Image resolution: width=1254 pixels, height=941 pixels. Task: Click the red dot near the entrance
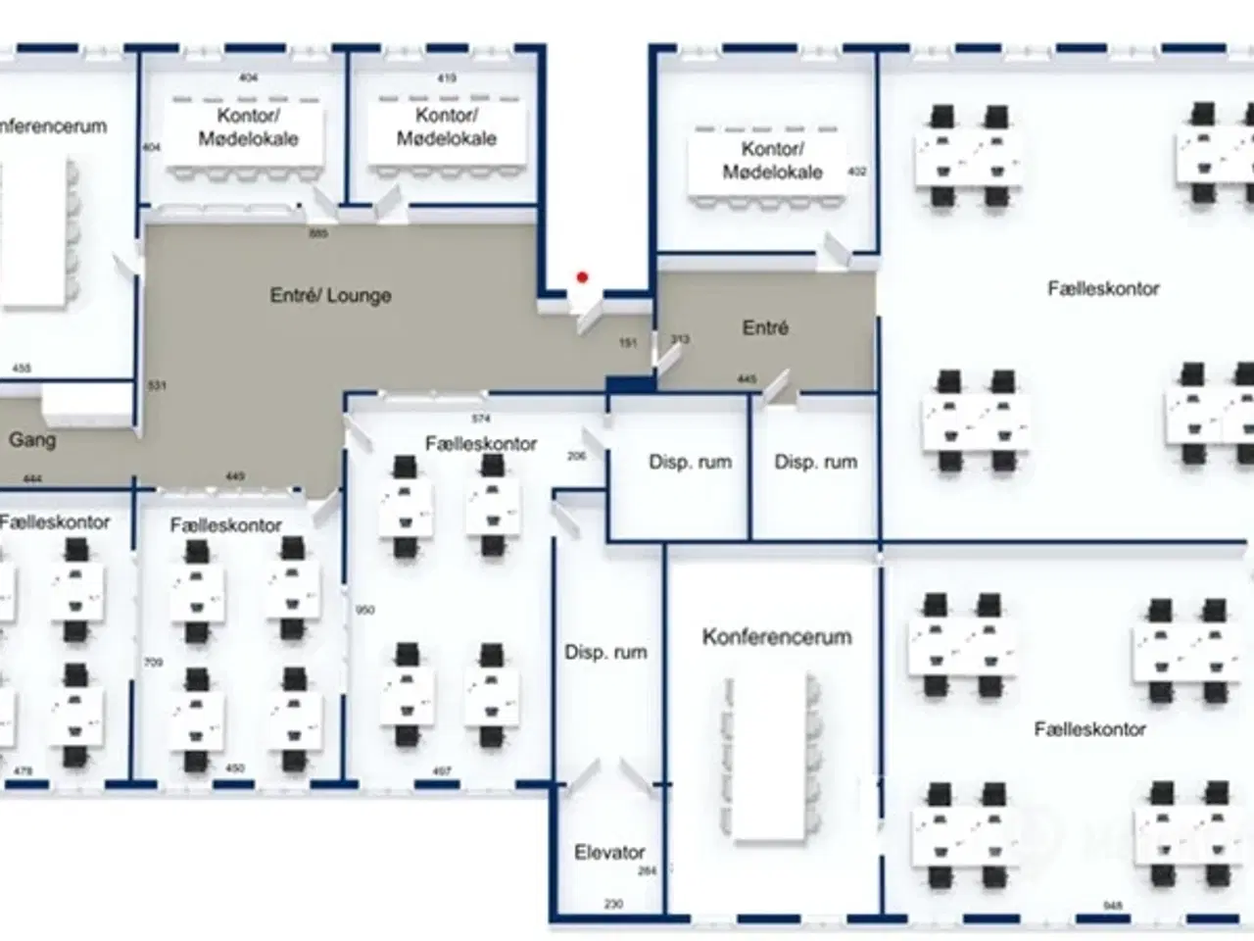click(x=582, y=277)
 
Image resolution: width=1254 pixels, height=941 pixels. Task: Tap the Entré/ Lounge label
click(x=330, y=295)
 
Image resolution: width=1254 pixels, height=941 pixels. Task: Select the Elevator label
click(x=609, y=853)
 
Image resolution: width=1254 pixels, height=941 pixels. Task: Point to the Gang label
click(x=32, y=440)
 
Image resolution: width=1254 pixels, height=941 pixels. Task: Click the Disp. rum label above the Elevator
click(x=605, y=652)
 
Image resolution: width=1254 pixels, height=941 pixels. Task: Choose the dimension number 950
click(x=365, y=610)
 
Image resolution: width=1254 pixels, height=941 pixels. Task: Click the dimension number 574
click(x=480, y=419)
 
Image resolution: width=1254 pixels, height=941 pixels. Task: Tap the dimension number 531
click(x=157, y=385)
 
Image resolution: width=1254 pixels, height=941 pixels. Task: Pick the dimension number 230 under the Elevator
click(x=613, y=904)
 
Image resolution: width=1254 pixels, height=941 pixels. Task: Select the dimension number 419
click(x=447, y=78)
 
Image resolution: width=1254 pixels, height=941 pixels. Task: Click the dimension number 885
click(x=318, y=233)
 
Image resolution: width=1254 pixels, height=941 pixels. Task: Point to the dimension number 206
click(x=576, y=456)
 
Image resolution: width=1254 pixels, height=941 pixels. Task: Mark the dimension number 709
click(x=153, y=663)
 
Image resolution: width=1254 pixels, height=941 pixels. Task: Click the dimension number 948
click(x=1112, y=906)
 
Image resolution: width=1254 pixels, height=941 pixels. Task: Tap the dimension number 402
click(x=857, y=172)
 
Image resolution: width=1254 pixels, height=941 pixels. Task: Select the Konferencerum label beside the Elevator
click(x=777, y=637)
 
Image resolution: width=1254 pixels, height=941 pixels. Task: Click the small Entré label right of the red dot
click(x=765, y=327)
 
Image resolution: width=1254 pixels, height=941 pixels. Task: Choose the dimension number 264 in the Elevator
click(x=647, y=870)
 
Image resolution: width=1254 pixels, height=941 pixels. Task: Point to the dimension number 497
click(x=442, y=771)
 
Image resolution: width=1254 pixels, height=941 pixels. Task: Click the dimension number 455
click(x=22, y=369)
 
